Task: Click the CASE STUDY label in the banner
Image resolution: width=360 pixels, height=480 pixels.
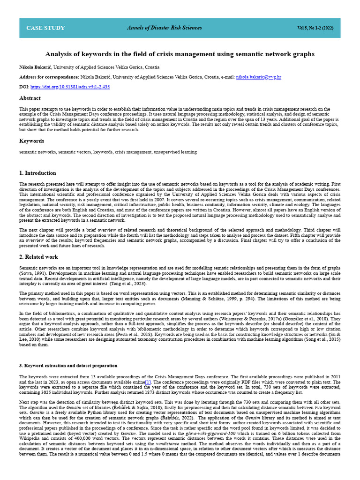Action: tap(45, 28)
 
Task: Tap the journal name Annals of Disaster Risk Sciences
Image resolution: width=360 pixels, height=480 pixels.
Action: tap(164, 28)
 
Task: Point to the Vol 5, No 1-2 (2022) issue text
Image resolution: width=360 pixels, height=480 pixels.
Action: tap(315, 28)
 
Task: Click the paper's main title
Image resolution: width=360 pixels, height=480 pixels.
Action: tap(180, 54)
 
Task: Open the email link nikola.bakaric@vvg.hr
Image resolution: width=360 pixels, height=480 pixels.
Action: tap(259, 76)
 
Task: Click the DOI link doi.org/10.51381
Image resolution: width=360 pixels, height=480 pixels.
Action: tap(70, 87)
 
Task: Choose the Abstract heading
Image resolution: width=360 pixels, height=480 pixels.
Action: tap(30, 98)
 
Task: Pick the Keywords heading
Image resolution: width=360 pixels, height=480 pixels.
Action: tap(31, 141)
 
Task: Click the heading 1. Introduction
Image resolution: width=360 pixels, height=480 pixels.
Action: tap(37, 173)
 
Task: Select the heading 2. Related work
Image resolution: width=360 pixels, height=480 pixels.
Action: tap(38, 257)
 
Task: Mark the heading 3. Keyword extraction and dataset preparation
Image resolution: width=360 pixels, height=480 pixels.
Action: tap(68, 365)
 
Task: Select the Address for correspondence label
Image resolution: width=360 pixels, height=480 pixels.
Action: tap(49, 76)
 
